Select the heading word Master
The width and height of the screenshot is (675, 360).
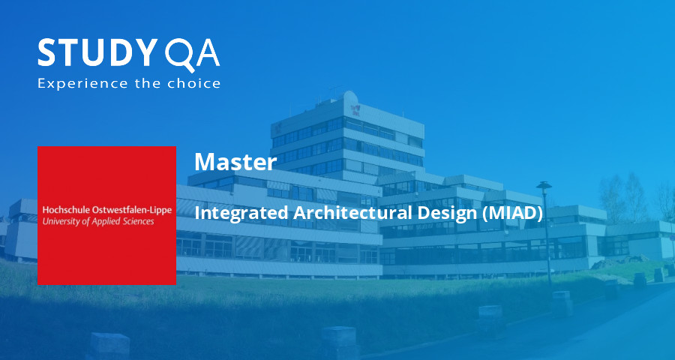pyautogui.click(x=235, y=161)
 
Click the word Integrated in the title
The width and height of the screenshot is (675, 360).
pyautogui.click(x=241, y=213)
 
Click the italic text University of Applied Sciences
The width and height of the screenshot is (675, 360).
pyautogui.click(x=98, y=222)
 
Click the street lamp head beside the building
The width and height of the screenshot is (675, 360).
pyautogui.click(x=544, y=185)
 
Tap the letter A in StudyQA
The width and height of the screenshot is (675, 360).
pyautogui.click(x=206, y=53)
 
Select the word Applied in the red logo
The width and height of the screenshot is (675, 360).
pyautogui.click(x=113, y=222)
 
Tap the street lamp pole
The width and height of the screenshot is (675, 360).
pyautogui.click(x=547, y=240)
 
